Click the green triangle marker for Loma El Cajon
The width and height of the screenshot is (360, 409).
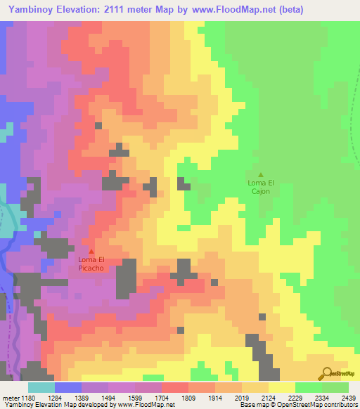point(261,175)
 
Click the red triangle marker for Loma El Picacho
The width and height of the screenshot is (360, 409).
point(91,251)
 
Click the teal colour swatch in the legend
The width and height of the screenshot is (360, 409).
point(41,387)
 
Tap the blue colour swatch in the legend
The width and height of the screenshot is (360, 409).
point(67,387)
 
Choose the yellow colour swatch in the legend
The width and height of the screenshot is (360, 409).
point(281,387)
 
